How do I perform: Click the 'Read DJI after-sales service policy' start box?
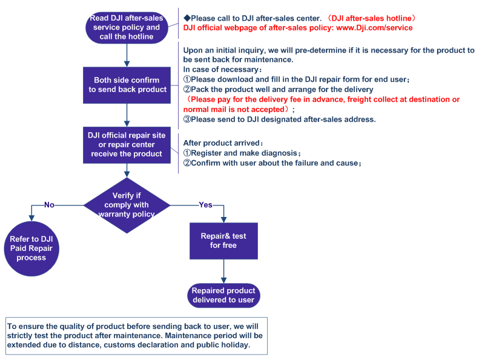(x=127, y=27)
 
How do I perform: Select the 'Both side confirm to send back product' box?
(x=127, y=85)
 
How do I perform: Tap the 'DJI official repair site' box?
(x=127, y=145)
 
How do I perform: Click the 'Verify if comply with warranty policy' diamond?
(x=127, y=205)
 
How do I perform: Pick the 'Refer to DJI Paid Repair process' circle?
(x=31, y=248)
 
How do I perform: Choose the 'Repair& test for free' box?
(x=223, y=241)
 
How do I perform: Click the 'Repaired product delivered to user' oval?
(x=223, y=295)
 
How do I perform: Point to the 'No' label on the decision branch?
(x=49, y=205)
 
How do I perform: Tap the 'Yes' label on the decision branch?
(x=206, y=205)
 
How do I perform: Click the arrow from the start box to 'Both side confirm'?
(x=127, y=55)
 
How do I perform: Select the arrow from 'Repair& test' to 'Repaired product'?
(x=223, y=272)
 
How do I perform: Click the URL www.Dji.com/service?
(x=374, y=28)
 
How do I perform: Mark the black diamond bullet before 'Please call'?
(x=187, y=18)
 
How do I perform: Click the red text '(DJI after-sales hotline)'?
(x=371, y=18)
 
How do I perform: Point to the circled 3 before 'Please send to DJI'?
(x=187, y=119)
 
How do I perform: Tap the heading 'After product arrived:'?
(x=223, y=143)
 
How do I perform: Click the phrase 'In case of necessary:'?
(x=222, y=70)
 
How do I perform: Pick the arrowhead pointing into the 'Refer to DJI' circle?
(x=31, y=218)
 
